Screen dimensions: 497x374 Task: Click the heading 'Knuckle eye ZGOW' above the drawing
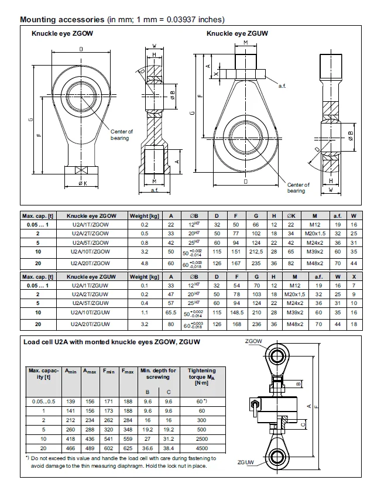[x=62, y=33]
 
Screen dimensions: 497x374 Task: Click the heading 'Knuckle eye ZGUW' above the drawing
[x=237, y=33]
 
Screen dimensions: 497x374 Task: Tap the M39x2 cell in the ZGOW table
[x=314, y=253]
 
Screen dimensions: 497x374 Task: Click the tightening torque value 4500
[x=201, y=447]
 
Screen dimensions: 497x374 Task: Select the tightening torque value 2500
[x=201, y=438]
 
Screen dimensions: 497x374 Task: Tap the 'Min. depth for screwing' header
[x=158, y=373]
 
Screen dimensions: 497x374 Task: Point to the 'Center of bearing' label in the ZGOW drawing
[x=122, y=135]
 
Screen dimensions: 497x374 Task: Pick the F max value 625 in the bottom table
[x=126, y=447]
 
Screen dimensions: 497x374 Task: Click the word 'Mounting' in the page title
[x=39, y=19]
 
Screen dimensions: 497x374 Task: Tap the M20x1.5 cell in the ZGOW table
[x=314, y=233]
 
